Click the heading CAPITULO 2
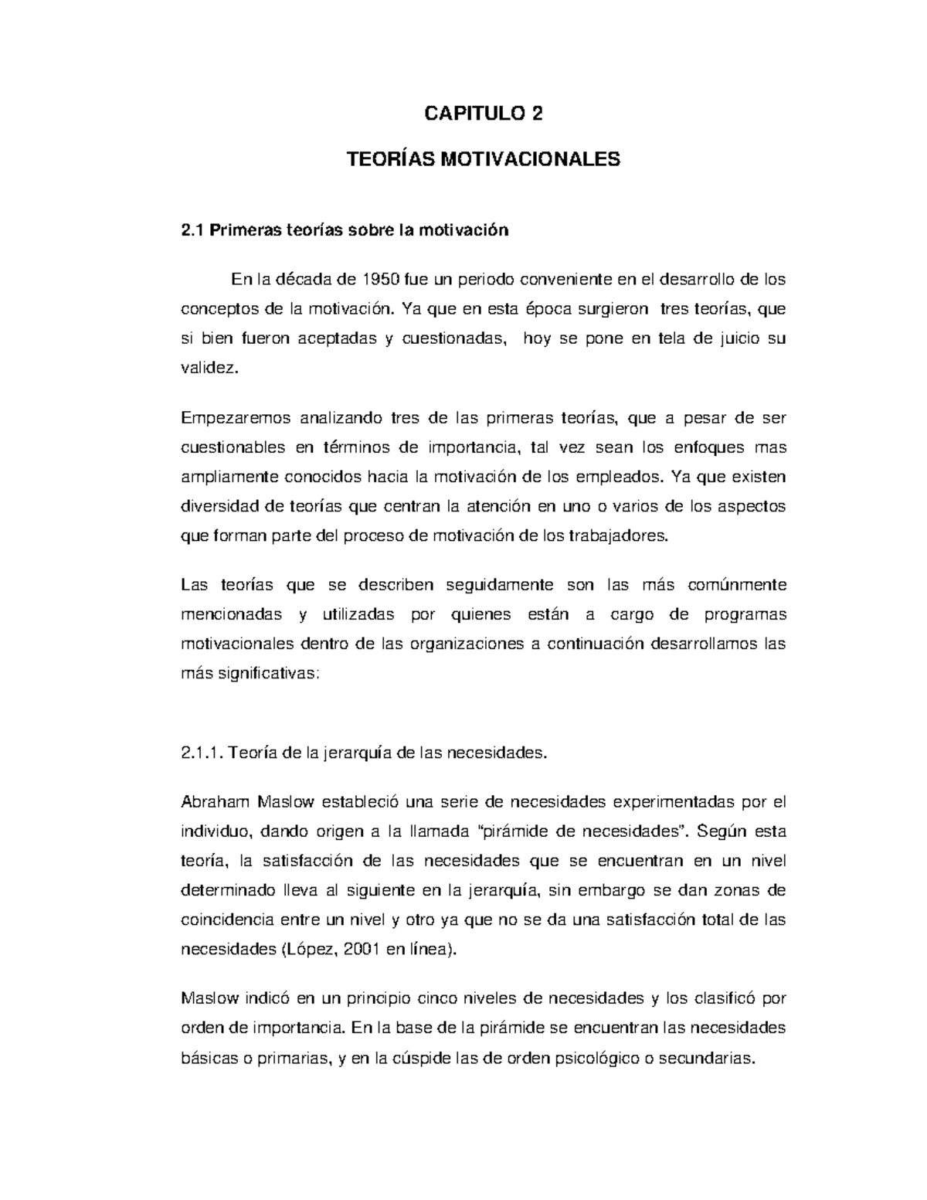click(484, 114)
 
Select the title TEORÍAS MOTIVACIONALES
click(484, 160)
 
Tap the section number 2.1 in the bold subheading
click(190, 230)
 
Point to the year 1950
click(381, 279)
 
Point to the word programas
click(745, 614)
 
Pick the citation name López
click(311, 950)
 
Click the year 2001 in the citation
click(362, 950)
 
